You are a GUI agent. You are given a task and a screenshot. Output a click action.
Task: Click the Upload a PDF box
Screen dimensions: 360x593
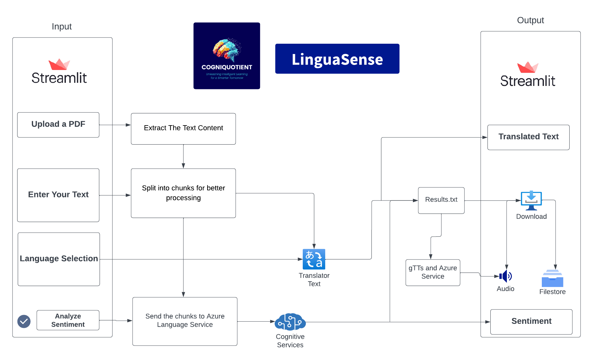58,125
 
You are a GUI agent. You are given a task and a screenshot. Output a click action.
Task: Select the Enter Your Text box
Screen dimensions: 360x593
58,195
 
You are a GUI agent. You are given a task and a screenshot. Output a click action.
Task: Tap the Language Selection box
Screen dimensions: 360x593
59,259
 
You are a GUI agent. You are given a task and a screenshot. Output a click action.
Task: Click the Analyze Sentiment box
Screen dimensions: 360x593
68,320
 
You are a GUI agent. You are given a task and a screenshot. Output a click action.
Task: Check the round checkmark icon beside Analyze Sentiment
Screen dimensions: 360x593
24,321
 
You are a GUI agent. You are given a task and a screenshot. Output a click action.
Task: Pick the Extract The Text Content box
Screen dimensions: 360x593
183,129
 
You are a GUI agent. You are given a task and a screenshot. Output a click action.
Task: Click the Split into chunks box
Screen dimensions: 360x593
183,193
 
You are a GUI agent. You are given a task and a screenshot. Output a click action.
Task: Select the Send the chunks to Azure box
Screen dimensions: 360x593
185,321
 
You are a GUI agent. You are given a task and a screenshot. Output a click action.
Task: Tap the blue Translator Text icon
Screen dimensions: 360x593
314,259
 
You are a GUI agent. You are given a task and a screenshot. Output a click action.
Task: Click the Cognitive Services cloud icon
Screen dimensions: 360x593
290,322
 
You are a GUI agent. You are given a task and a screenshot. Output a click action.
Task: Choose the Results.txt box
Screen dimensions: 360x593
441,200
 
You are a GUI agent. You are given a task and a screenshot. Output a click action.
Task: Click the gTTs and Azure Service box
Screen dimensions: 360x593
433,273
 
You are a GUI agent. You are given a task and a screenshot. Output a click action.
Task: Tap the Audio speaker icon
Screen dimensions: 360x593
506,276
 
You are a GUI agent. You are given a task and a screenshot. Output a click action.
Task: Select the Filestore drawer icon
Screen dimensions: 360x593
552,279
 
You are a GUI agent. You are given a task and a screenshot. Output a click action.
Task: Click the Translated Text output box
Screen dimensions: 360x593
528,137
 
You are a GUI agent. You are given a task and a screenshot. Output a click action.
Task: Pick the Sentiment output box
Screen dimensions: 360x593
531,322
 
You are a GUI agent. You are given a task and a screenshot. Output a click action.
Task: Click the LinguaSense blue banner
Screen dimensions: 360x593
337,59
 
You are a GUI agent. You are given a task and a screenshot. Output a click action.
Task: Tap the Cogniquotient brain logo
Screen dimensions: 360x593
227,56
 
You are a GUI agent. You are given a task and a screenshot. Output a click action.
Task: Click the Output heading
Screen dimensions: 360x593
530,20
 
